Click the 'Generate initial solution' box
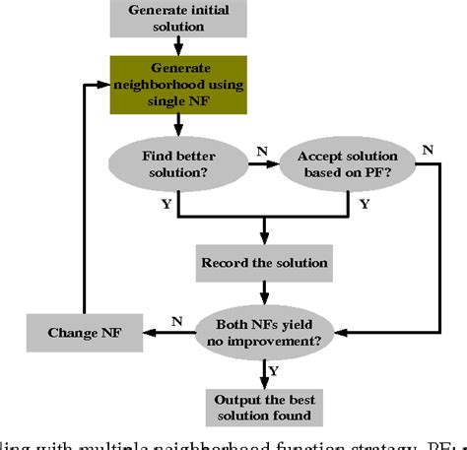pyautogui.click(x=179, y=18)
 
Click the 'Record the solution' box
pyautogui.click(x=264, y=264)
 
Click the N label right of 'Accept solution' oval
pyautogui.click(x=427, y=150)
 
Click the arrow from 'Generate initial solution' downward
pyautogui.click(x=179, y=44)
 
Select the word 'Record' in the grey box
pyautogui.click(x=225, y=264)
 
